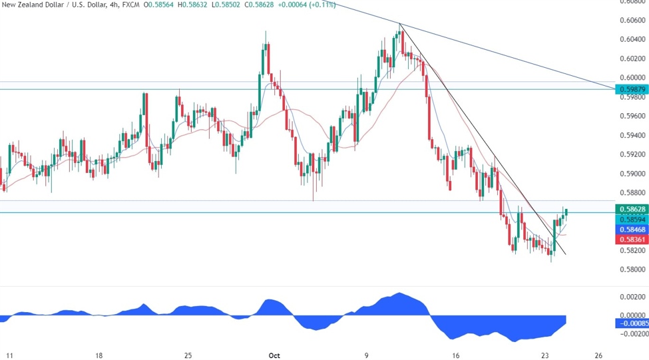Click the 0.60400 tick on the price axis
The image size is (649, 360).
click(633, 39)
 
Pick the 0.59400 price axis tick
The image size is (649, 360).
click(633, 135)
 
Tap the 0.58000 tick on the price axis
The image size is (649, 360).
click(633, 270)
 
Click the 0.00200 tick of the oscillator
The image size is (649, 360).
click(633, 296)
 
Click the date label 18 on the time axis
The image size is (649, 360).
click(99, 355)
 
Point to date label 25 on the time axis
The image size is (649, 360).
click(188, 355)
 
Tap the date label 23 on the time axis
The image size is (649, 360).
click(546, 355)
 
